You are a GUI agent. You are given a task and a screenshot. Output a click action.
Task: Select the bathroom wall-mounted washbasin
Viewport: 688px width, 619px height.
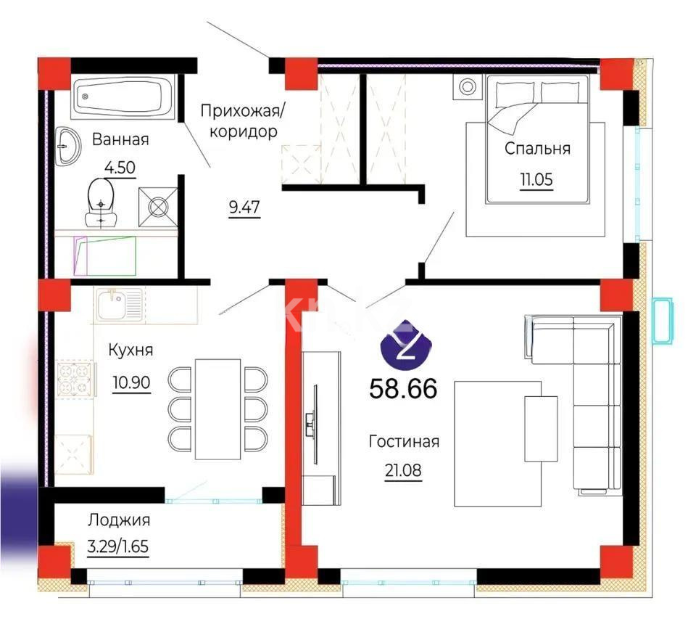[69, 146]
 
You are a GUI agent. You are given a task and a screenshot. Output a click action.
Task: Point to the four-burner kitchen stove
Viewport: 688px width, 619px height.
[75, 379]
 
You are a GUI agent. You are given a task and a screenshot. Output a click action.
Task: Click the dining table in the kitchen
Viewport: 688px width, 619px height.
[217, 408]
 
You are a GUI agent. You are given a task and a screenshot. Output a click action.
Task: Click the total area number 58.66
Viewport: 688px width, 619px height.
[403, 389]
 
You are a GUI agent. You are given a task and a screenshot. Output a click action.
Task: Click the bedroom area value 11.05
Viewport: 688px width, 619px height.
[536, 179]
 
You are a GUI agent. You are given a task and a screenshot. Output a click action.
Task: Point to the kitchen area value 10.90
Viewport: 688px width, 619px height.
[131, 382]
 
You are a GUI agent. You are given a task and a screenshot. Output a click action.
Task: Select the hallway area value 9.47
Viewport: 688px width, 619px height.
[244, 208]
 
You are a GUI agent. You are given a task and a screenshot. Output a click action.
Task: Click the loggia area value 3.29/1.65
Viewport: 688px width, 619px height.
[118, 545]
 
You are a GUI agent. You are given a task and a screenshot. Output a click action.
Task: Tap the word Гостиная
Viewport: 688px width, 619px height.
[404, 441]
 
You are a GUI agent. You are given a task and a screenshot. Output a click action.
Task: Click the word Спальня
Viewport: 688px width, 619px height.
[537, 149]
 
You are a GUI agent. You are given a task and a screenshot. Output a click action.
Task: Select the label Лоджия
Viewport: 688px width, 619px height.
[119, 520]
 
